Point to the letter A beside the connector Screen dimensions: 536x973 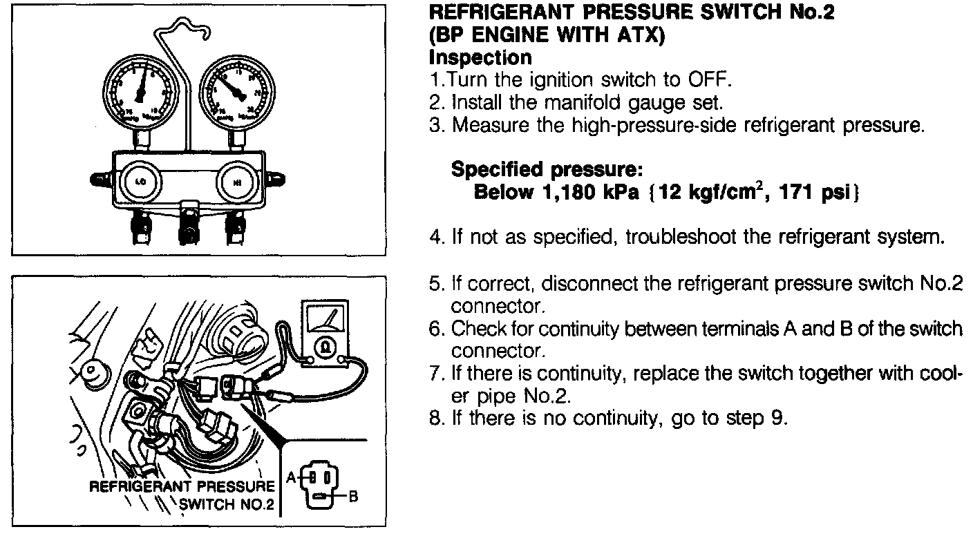(x=292, y=476)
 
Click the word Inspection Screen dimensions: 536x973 (x=480, y=57)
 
